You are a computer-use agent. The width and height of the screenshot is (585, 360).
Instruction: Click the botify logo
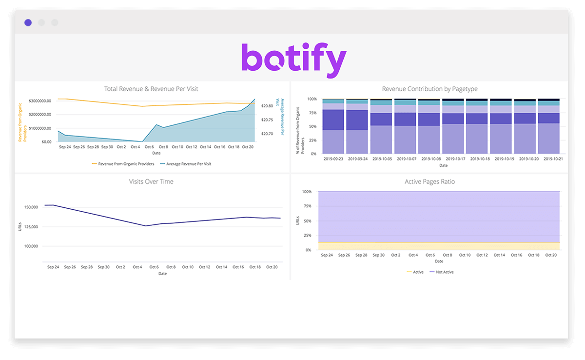(293, 60)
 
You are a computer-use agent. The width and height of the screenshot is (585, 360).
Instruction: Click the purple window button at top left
(28, 22)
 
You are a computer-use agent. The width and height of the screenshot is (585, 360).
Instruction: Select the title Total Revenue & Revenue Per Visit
(151, 89)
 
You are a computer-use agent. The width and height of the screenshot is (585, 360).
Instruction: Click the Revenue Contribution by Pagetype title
(429, 89)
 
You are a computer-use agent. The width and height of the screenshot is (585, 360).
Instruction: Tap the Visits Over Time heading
(151, 181)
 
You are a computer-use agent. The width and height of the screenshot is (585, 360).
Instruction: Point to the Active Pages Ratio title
(429, 181)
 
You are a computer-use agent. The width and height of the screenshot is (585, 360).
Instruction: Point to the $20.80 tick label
(267, 106)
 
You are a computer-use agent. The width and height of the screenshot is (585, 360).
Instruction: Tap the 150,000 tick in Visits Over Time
(30, 207)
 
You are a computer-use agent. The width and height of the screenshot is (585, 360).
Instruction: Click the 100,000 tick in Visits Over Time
(30, 246)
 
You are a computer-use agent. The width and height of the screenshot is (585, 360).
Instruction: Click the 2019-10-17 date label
(453, 159)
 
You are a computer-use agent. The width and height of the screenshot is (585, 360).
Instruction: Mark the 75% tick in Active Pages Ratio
(307, 206)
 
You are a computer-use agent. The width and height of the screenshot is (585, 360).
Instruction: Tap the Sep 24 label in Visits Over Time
(54, 267)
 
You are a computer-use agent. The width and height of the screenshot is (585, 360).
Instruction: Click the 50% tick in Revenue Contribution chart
(312, 126)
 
